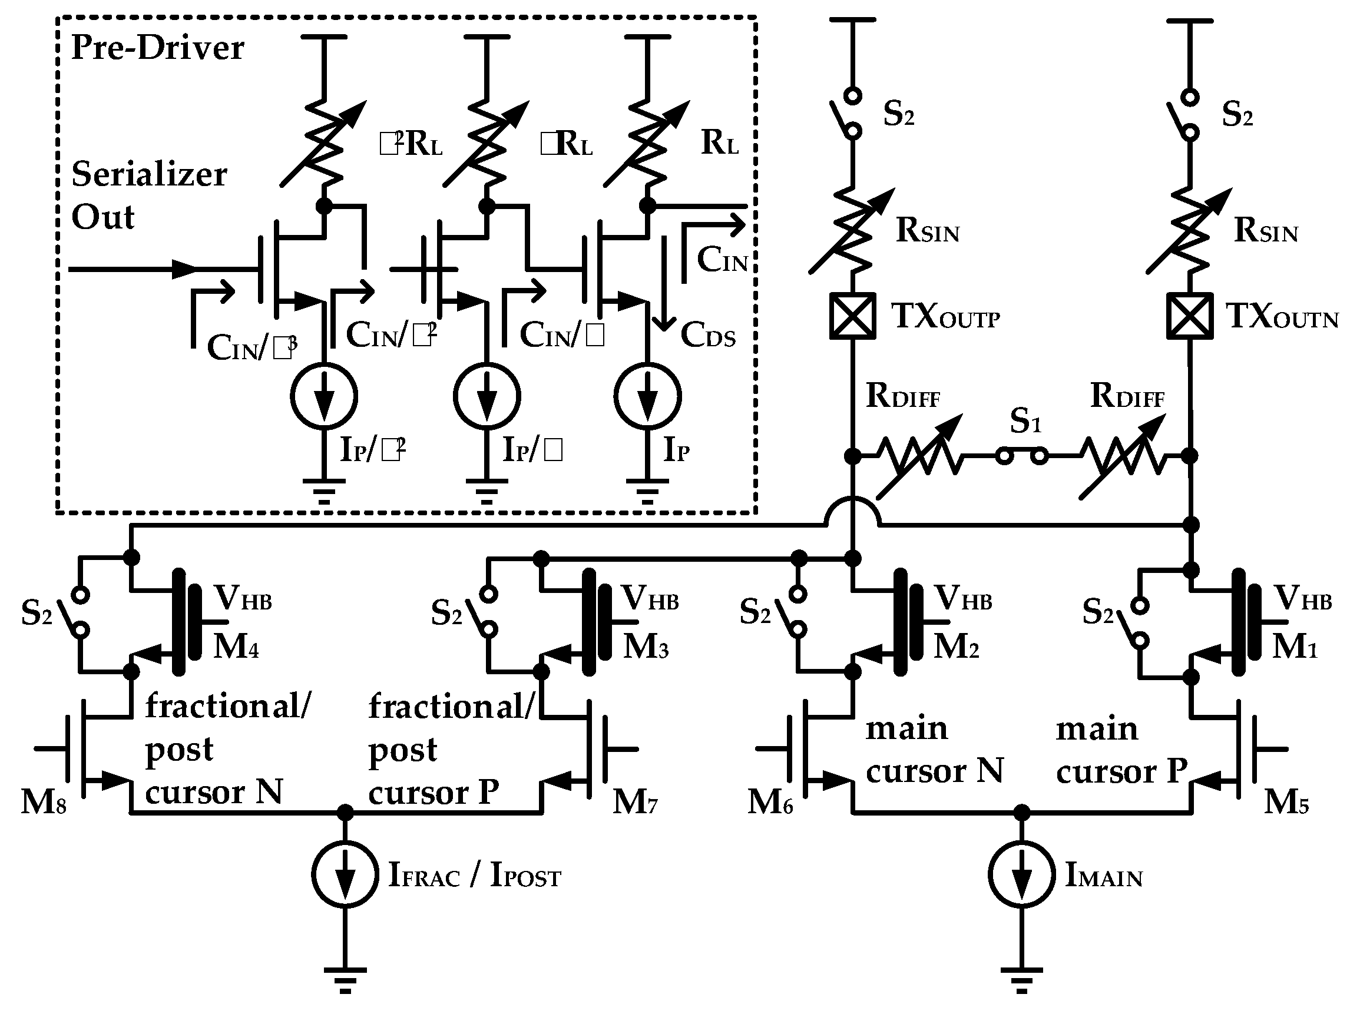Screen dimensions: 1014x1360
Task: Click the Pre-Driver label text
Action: click(x=157, y=47)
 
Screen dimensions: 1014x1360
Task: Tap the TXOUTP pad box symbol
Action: click(x=852, y=316)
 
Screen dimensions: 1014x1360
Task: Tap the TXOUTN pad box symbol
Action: click(x=1189, y=316)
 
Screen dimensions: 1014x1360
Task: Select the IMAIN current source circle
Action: click(x=1021, y=874)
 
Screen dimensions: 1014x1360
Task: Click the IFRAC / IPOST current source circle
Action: click(x=345, y=874)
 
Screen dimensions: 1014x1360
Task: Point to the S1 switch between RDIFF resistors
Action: click(x=1021, y=456)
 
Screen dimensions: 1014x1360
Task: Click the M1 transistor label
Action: click(x=1294, y=647)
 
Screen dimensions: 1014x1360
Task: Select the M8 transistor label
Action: click(x=43, y=801)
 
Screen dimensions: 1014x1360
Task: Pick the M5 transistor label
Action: click(x=1286, y=801)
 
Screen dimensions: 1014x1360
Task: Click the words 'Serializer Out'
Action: click(x=148, y=195)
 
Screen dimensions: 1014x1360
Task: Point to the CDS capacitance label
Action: click(x=707, y=336)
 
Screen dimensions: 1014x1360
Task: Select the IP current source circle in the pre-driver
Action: click(x=647, y=396)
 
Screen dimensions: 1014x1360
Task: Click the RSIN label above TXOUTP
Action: click(x=927, y=231)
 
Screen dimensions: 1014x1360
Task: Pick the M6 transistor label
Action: click(x=770, y=801)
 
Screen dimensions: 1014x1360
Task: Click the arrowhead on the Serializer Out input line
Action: click(x=183, y=269)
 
